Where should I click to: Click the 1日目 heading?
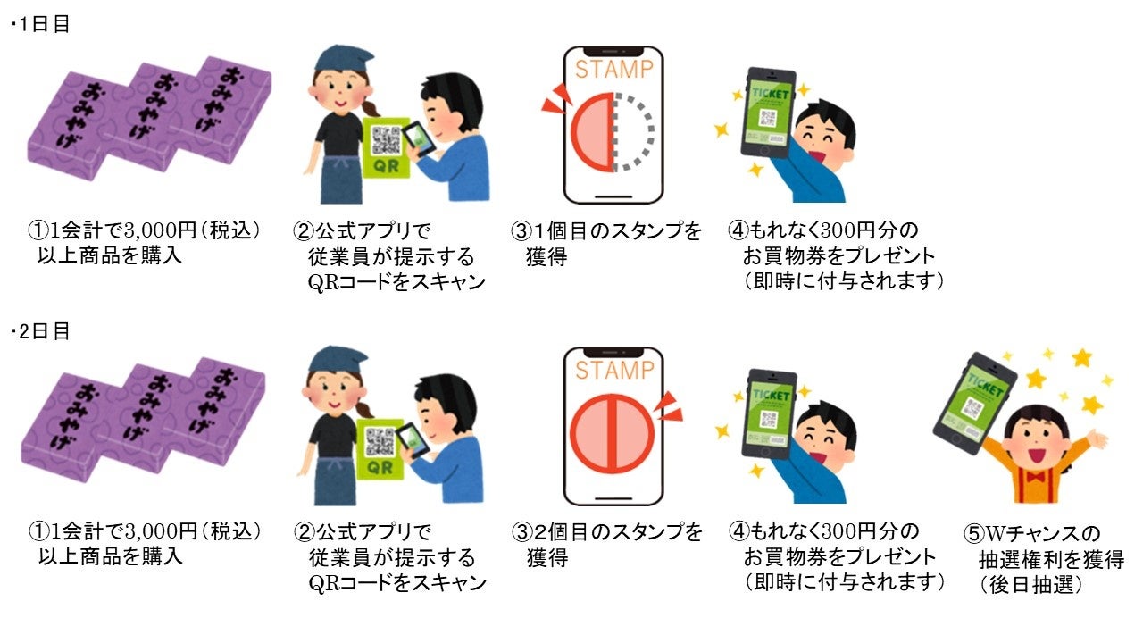click(x=43, y=24)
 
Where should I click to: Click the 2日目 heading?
click(x=43, y=331)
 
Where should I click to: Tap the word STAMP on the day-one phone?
click(x=614, y=70)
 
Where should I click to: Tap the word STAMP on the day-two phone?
click(x=614, y=370)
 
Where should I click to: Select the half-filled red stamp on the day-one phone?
click(x=592, y=131)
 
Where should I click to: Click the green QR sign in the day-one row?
click(x=387, y=148)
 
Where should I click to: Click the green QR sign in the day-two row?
click(x=380, y=449)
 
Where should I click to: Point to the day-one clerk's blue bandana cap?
click(x=343, y=57)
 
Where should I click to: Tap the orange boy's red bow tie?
click(x=1036, y=477)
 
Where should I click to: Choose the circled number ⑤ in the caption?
click(x=973, y=534)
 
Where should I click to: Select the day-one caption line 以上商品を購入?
click(x=110, y=255)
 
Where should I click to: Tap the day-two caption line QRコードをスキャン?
click(x=397, y=583)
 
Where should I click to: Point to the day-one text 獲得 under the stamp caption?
click(x=546, y=256)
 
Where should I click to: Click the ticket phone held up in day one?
click(x=768, y=113)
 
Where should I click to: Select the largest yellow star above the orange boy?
click(x=1080, y=358)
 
